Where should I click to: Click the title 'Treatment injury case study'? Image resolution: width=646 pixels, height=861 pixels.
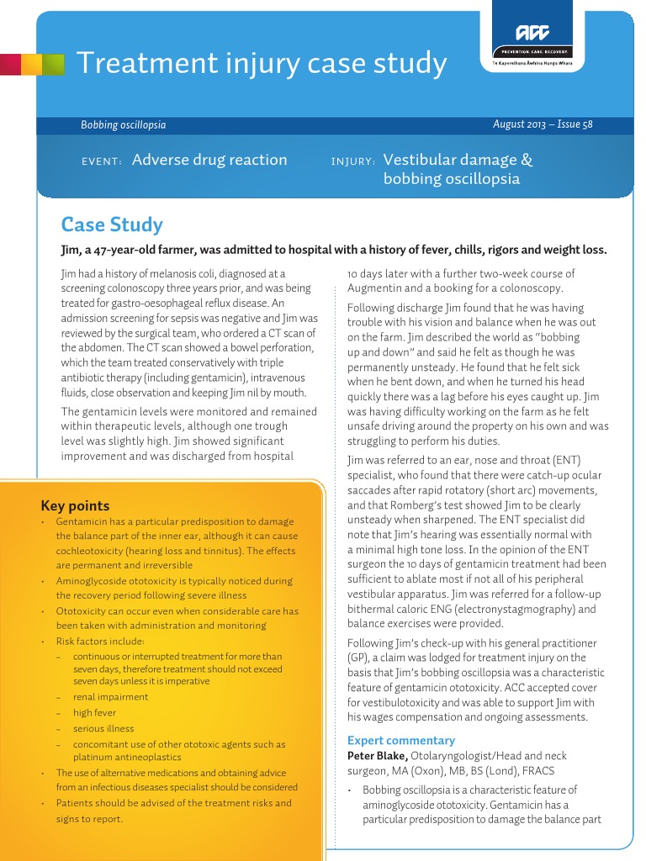[x=262, y=63]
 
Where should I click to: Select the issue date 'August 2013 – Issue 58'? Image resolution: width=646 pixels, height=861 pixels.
[x=543, y=124]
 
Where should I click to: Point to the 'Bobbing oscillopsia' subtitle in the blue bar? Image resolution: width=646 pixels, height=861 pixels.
[x=123, y=125]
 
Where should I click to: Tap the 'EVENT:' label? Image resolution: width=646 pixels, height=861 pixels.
[x=102, y=161]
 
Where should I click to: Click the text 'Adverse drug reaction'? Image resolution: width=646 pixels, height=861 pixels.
[x=209, y=160]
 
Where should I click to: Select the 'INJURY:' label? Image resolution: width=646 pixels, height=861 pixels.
[x=353, y=161]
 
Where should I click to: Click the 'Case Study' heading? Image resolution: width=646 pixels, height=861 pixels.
[x=112, y=224]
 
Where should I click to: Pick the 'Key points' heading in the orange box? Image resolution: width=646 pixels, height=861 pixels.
[x=75, y=505]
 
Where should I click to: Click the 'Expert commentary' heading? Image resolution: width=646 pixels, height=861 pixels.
[x=401, y=740]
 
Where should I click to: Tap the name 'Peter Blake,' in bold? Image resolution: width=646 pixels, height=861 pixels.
[x=378, y=755]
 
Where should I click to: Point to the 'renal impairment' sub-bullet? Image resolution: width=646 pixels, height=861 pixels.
[x=110, y=696]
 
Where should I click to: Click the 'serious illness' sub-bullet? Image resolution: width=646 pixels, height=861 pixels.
[x=103, y=728]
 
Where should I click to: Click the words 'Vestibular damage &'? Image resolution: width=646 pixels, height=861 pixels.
[x=458, y=160]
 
